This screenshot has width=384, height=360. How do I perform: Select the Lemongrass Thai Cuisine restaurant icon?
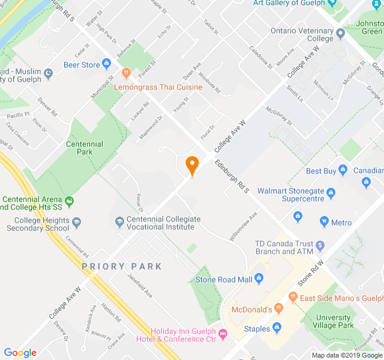(x=126, y=74)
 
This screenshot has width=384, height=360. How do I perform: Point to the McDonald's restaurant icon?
(x=278, y=310)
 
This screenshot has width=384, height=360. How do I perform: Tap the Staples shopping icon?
(x=277, y=328)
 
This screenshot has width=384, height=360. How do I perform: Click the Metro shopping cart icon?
(x=325, y=223)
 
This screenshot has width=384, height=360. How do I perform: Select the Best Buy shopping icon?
(x=343, y=171)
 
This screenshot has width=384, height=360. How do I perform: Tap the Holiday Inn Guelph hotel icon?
(x=224, y=333)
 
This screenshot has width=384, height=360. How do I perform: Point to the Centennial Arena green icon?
(x=70, y=200)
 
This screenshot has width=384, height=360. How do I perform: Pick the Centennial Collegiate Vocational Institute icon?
(x=119, y=221)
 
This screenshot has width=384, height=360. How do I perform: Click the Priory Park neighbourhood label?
(x=122, y=266)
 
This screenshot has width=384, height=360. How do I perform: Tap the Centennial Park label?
(x=85, y=148)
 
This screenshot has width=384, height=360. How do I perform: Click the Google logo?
(x=20, y=353)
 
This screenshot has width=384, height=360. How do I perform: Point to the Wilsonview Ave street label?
(x=243, y=226)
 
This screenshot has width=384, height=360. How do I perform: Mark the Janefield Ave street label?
(x=140, y=286)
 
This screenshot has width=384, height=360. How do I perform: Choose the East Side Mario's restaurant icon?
(x=293, y=296)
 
